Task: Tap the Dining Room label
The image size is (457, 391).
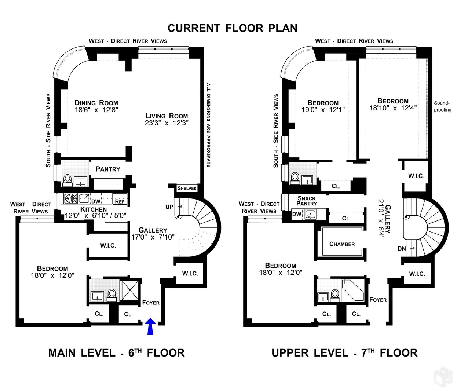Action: [x=96, y=103]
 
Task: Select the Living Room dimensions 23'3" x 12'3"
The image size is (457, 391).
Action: [x=167, y=123]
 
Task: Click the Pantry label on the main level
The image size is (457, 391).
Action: [x=108, y=169]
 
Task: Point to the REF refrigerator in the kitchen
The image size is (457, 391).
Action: [x=120, y=201]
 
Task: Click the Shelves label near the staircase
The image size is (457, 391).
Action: [x=187, y=188]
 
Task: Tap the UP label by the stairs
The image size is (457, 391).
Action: [x=169, y=207]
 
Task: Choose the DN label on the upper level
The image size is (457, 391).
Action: [x=402, y=249]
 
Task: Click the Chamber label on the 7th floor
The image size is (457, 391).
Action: [x=342, y=244]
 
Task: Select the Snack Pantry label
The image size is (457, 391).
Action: [x=307, y=201]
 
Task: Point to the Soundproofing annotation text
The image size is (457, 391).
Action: [x=442, y=106]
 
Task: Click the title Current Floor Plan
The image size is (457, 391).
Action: [x=233, y=28]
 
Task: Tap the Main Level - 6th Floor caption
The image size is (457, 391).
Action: [x=116, y=353]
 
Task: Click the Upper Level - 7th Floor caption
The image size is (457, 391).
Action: [x=344, y=353]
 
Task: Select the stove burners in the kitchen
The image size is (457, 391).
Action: [x=70, y=198]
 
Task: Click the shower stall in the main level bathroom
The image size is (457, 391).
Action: [x=131, y=291]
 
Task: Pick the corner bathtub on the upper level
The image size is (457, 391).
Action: [x=353, y=290]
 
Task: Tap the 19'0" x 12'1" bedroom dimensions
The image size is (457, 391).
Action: [x=323, y=110]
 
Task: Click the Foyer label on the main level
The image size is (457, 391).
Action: [x=151, y=303]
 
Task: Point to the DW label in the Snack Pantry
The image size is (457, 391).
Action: [x=296, y=214]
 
